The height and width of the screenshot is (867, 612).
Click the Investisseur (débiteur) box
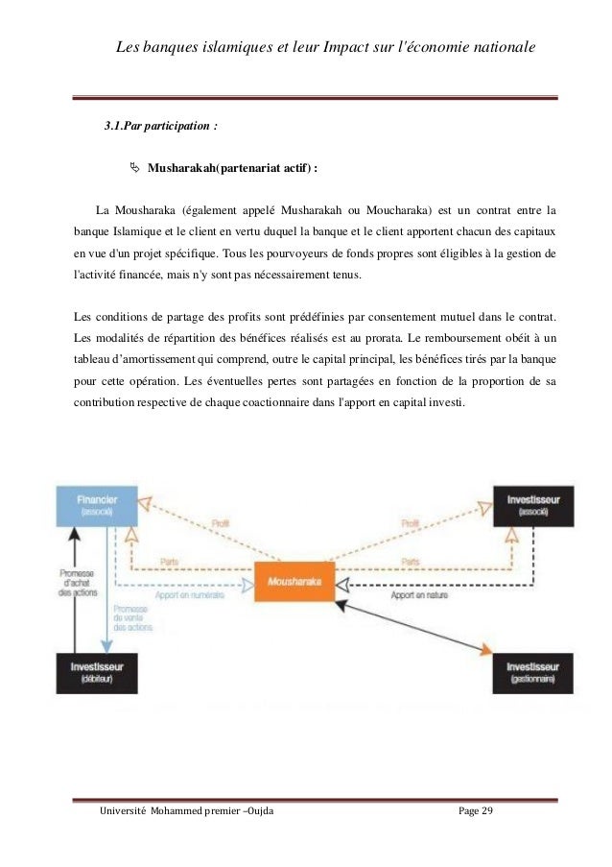(96, 671)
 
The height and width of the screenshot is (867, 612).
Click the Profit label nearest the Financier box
(220, 522)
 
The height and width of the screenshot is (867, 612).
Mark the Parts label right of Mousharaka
(411, 561)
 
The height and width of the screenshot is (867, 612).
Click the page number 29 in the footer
(484, 813)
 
